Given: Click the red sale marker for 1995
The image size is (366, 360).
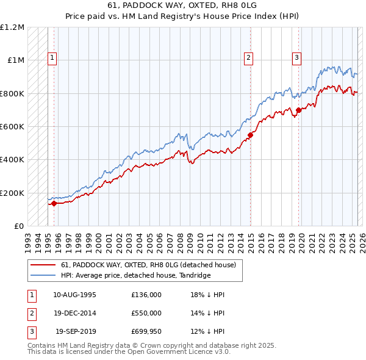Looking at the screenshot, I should (x=54, y=204).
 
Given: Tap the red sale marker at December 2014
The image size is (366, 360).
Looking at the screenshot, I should (x=251, y=135).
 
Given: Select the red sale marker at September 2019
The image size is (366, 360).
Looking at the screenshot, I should (x=299, y=110).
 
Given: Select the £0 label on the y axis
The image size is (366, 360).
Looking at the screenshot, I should (x=19, y=226).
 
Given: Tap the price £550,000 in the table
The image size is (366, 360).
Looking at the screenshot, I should (x=146, y=313).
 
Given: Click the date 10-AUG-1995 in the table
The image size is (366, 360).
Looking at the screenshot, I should (x=75, y=295).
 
